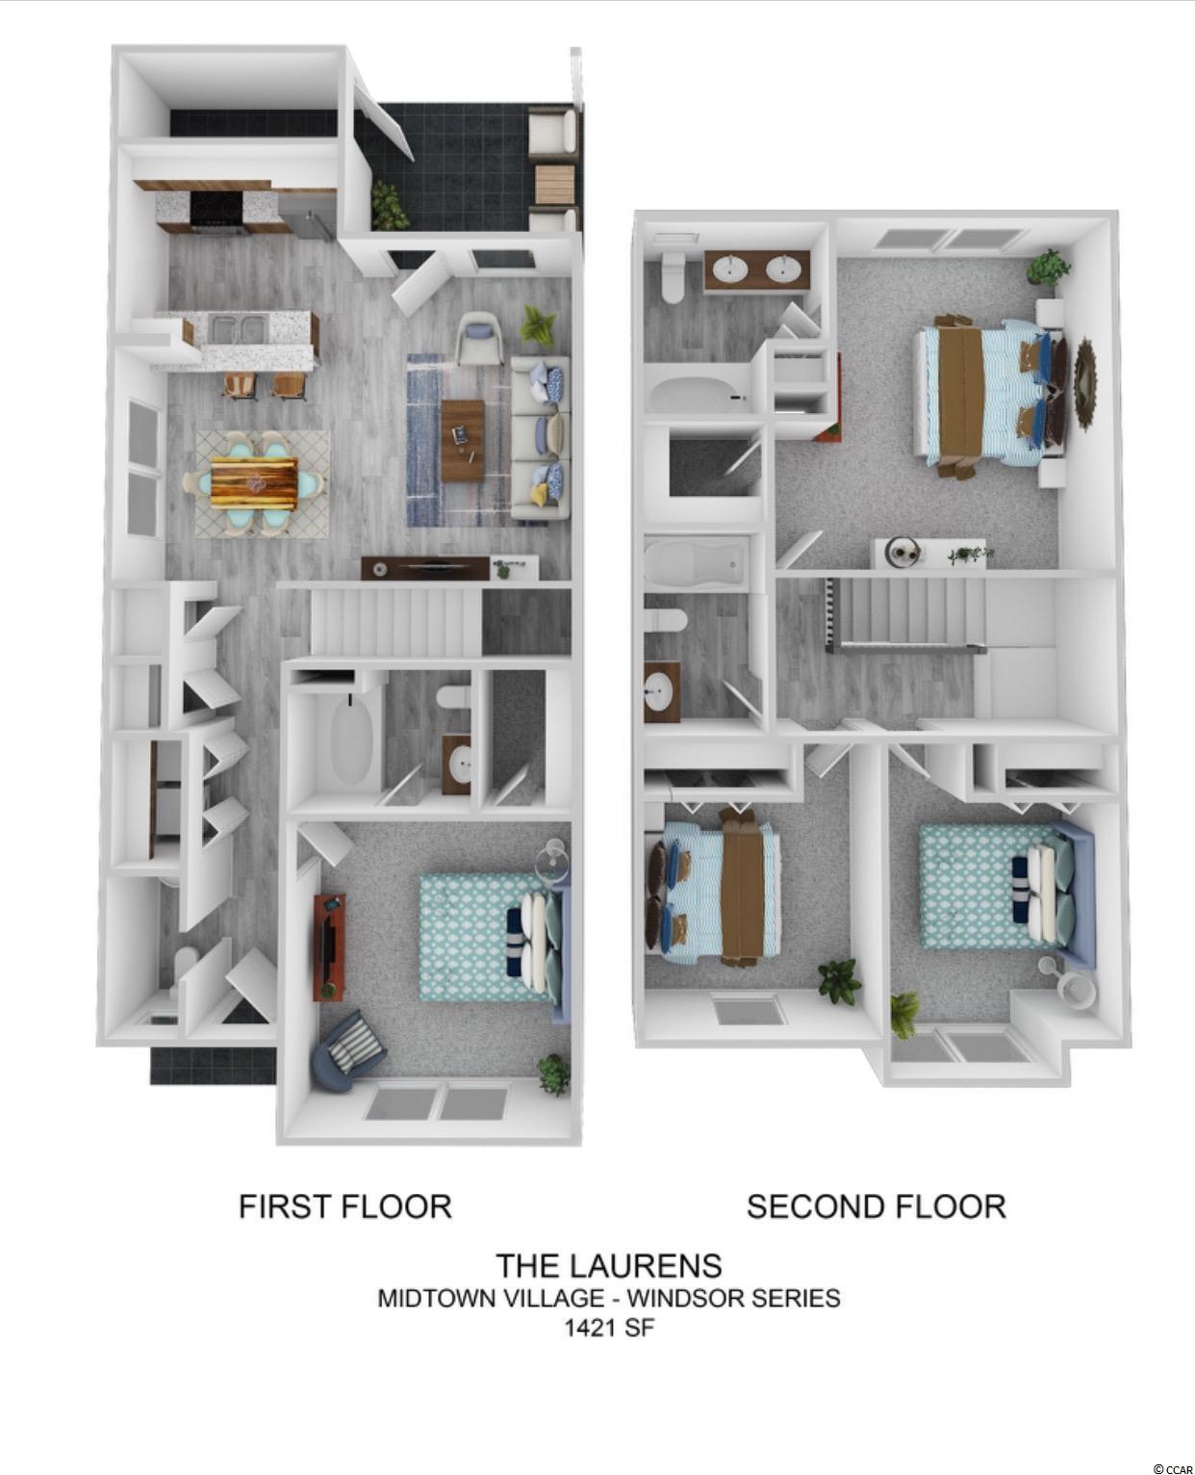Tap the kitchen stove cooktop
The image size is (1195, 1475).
pos(216,206)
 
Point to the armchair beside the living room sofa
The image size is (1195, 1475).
pos(479,337)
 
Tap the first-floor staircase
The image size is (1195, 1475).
pos(395,621)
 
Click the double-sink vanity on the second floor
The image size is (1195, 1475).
pos(757,270)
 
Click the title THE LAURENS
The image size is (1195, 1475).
pos(609,1266)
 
